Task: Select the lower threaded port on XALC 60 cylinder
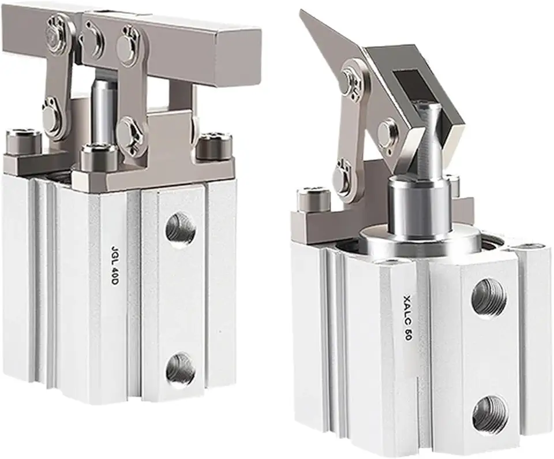click(490, 415)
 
